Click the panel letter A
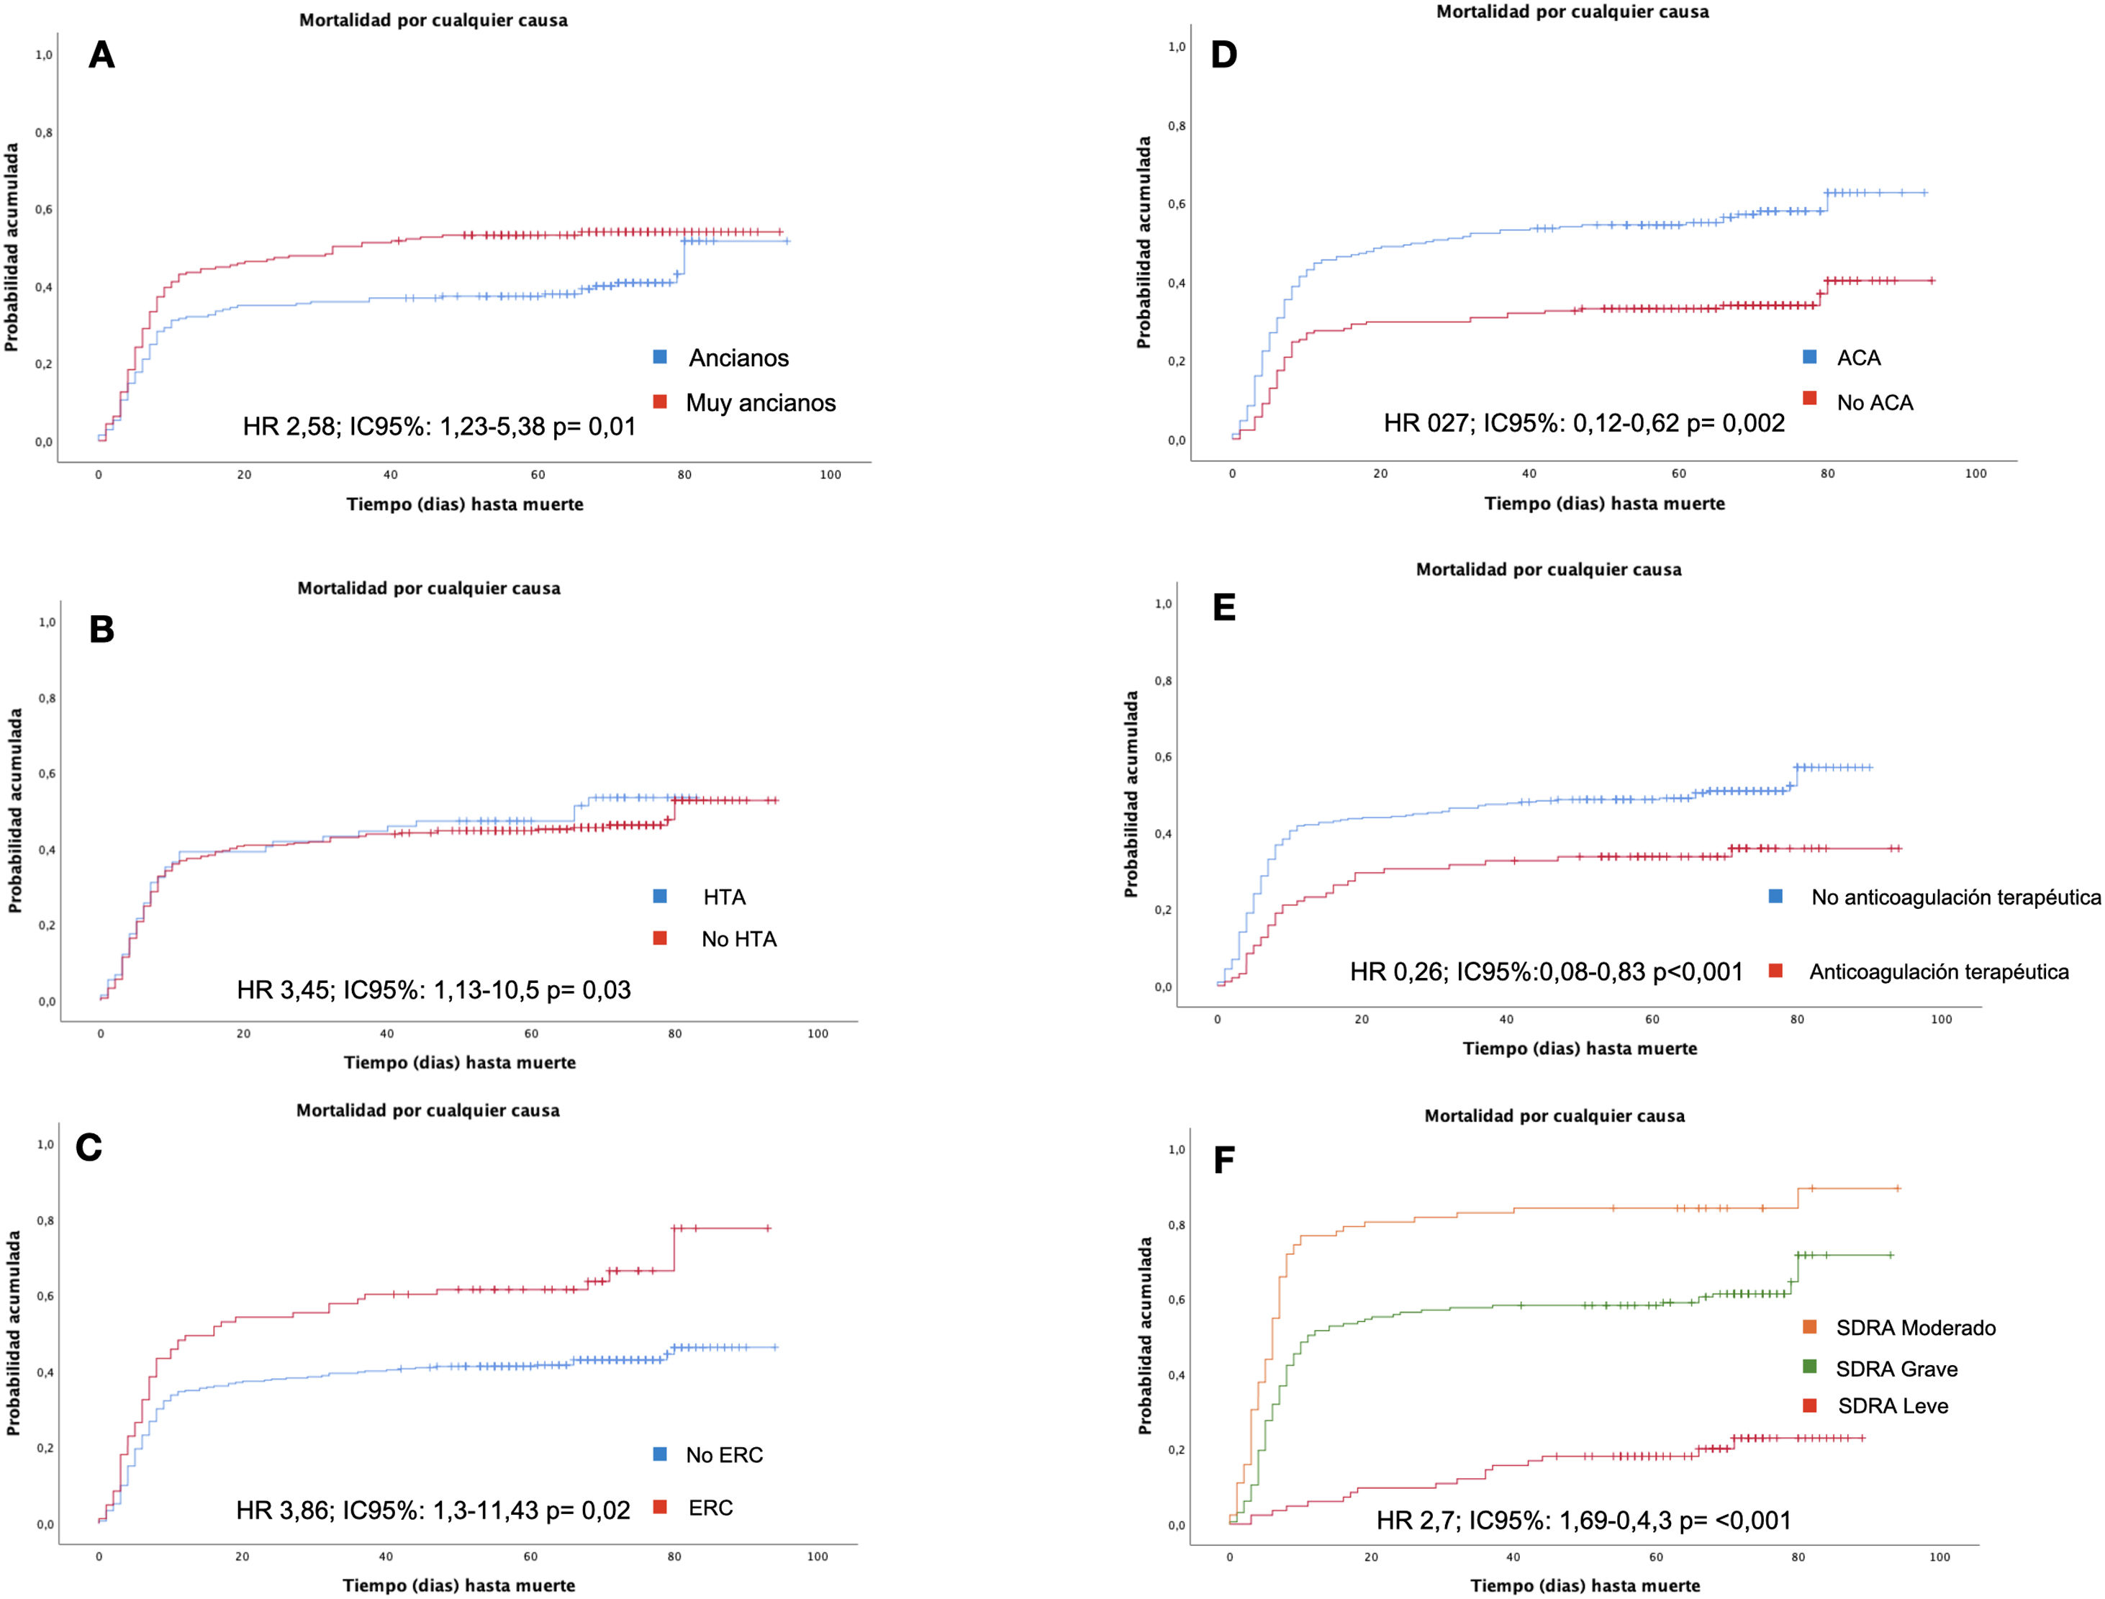(x=101, y=56)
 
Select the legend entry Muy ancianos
(x=761, y=402)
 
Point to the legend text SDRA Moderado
(x=1916, y=1328)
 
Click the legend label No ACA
(x=1875, y=402)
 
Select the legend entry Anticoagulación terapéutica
(x=1939, y=971)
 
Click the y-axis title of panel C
(x=14, y=1333)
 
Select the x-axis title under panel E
(x=1580, y=1048)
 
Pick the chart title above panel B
(x=429, y=588)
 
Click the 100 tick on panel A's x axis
(x=830, y=475)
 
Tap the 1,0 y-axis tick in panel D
(x=1177, y=47)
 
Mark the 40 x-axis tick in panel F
(x=1513, y=1557)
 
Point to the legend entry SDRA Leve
(x=1893, y=1406)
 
